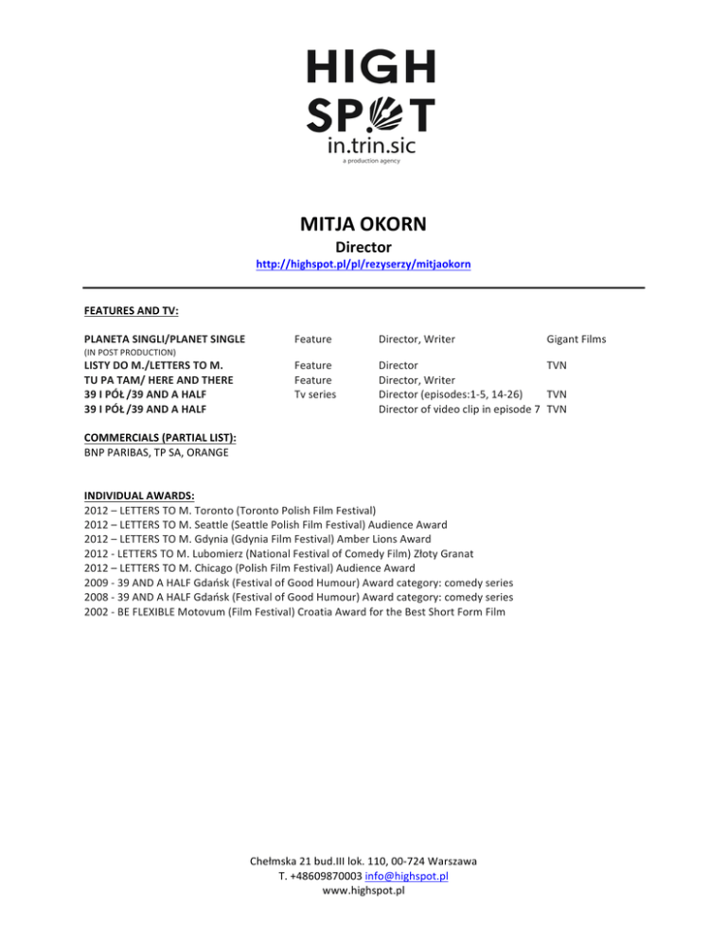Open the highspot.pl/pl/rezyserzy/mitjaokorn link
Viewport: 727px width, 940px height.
click(x=363, y=267)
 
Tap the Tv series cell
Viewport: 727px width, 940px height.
click(x=316, y=393)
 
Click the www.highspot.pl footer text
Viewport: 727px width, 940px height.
click(x=363, y=892)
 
